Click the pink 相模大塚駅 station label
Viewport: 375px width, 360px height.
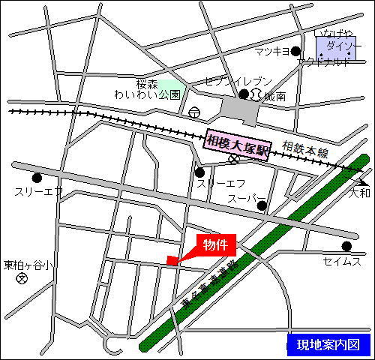click(x=237, y=141)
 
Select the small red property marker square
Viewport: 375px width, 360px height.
click(x=172, y=261)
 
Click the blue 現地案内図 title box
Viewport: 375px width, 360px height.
click(x=328, y=345)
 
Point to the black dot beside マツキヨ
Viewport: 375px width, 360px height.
click(x=295, y=51)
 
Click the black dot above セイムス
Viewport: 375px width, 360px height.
click(x=346, y=245)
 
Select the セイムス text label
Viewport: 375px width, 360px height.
click(x=343, y=261)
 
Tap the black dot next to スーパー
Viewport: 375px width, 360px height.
click(x=262, y=205)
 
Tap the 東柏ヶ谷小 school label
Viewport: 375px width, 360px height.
click(x=28, y=265)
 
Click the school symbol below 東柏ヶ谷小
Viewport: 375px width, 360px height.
click(x=22, y=278)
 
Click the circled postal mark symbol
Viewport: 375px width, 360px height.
click(x=196, y=112)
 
